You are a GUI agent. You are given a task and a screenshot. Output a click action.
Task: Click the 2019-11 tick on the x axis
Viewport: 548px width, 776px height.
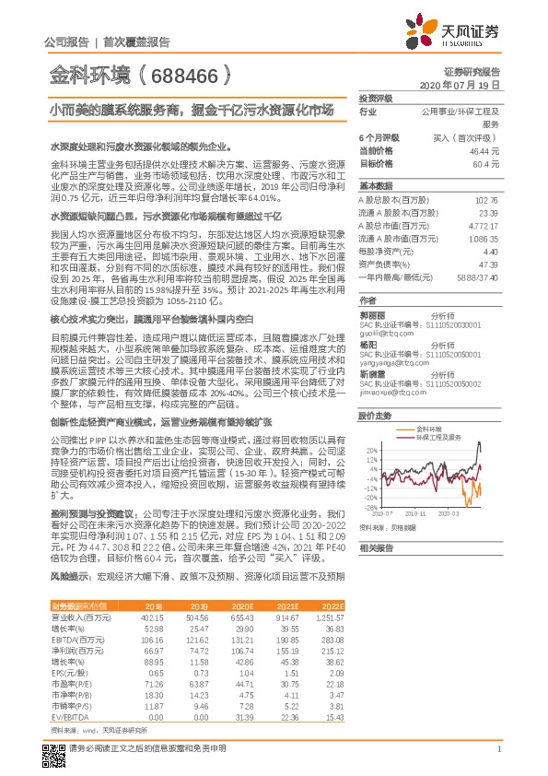pos(416,512)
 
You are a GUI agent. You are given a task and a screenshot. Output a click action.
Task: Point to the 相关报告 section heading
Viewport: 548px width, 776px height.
pos(376,547)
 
